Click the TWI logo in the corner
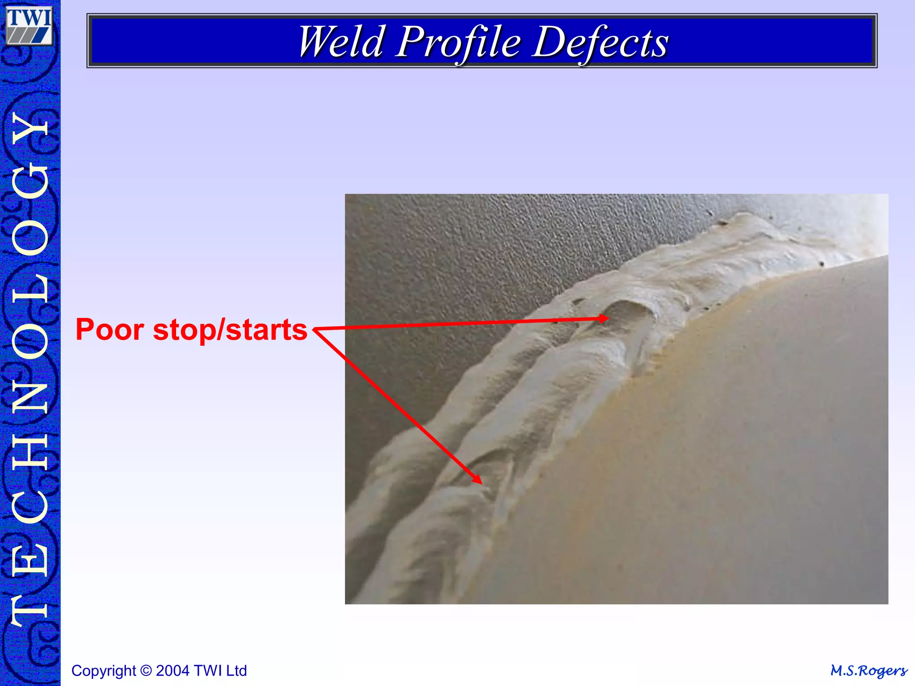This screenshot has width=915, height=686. [29, 25]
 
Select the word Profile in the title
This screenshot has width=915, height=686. [459, 42]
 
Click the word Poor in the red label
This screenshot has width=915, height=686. [110, 330]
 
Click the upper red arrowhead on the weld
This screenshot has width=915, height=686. [604, 318]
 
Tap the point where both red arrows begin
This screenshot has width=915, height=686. [315, 330]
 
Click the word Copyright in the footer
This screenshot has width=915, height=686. [104, 670]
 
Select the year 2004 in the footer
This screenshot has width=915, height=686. [173, 670]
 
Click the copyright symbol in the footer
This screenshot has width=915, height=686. [146, 670]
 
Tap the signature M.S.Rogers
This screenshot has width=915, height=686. [868, 670]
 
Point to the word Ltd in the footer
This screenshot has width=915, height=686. [236, 670]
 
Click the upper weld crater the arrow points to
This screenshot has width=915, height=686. [625, 313]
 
